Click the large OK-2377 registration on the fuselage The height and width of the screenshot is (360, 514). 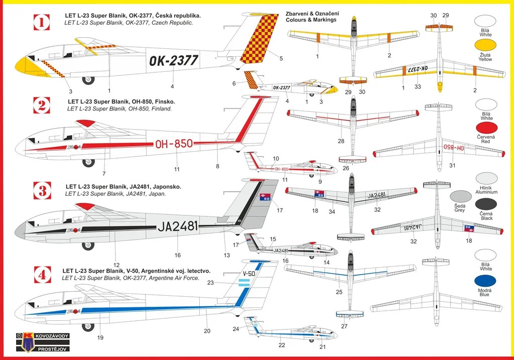click(174, 61)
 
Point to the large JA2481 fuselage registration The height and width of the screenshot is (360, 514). click(178, 226)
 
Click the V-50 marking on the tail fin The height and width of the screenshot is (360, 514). click(249, 273)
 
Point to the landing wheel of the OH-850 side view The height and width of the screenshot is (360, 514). click(88, 162)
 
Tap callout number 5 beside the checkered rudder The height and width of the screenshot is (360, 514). click(281, 58)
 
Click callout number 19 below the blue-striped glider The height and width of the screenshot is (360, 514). click(100, 338)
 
